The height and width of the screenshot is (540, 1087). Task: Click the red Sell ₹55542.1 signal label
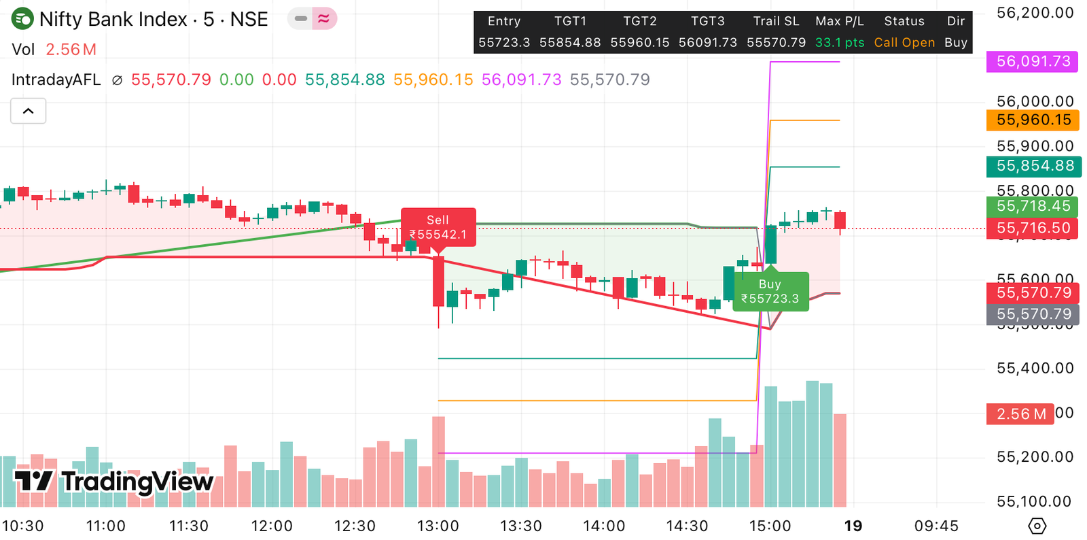pos(438,227)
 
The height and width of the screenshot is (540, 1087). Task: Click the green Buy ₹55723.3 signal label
pos(770,292)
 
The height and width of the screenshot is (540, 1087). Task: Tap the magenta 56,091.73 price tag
pos(1033,61)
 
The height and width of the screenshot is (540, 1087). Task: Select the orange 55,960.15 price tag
pos(1033,120)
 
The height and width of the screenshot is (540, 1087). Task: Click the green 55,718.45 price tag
pos(1033,206)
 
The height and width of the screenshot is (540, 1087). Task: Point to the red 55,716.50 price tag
pos(1033,228)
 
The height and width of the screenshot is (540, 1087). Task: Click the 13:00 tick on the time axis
pos(438,526)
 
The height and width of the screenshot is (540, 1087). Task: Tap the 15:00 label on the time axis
pos(770,526)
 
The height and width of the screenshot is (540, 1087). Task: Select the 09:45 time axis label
pos(936,526)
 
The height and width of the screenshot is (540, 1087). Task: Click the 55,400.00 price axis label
pos(1035,369)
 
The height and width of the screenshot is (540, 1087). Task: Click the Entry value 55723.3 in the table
pos(504,42)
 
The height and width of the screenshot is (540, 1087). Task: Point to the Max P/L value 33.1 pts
pos(840,42)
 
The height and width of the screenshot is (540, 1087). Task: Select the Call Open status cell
pos(904,42)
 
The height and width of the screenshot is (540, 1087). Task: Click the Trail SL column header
pos(776,21)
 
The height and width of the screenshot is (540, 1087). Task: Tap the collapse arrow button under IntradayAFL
pos(29,111)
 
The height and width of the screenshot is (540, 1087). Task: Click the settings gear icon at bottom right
pos(1037,526)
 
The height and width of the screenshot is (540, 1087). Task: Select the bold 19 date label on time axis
pos(853,526)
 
